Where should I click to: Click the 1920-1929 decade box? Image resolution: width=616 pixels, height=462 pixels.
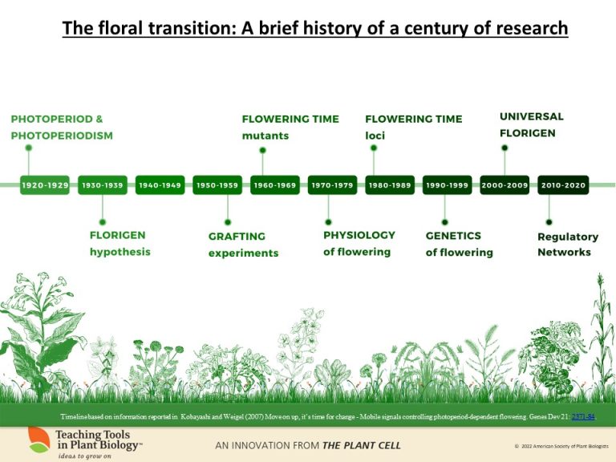pyautogui.click(x=45, y=185)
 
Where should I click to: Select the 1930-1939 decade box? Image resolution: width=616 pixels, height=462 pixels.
pyautogui.click(x=102, y=185)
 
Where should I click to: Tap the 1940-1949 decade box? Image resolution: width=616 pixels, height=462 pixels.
pyautogui.click(x=159, y=185)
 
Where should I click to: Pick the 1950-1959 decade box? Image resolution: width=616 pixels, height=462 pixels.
pyautogui.click(x=217, y=185)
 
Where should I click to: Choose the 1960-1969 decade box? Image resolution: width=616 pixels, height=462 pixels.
pyautogui.click(x=274, y=185)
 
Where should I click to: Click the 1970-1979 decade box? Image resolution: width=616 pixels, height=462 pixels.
pyautogui.click(x=331, y=185)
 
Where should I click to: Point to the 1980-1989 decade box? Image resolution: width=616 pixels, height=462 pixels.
pyautogui.click(x=389, y=185)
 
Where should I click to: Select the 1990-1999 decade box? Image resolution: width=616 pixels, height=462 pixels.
pyautogui.click(x=446, y=185)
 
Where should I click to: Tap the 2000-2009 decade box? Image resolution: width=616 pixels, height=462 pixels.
pyautogui.click(x=505, y=185)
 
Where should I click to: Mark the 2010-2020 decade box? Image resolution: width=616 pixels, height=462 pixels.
pyautogui.click(x=562, y=185)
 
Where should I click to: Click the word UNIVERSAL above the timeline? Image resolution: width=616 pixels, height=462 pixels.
pyautogui.click(x=531, y=116)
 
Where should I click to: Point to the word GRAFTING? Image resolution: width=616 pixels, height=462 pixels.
pyautogui.click(x=237, y=237)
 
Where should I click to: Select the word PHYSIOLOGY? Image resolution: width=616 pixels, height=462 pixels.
pyautogui.click(x=359, y=235)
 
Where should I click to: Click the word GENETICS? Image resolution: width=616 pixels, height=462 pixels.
pyautogui.click(x=453, y=236)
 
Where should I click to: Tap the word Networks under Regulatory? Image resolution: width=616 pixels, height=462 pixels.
pyautogui.click(x=564, y=253)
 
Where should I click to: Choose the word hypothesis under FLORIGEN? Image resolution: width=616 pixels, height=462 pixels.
pyautogui.click(x=120, y=252)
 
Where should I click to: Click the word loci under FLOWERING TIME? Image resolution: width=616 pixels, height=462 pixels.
pyautogui.click(x=375, y=136)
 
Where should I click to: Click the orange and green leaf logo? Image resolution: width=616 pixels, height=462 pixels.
pyautogui.click(x=38, y=440)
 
